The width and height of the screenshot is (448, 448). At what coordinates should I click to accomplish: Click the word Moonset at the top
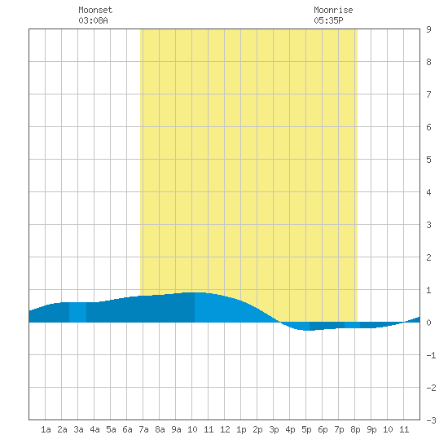tap(95, 10)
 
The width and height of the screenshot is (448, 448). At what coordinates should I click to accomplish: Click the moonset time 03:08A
tap(93, 20)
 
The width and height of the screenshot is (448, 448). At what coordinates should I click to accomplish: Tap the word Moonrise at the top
tap(333, 10)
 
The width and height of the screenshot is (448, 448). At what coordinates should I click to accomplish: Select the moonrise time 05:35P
tap(328, 20)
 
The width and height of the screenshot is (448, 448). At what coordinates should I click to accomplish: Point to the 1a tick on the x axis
tap(46, 429)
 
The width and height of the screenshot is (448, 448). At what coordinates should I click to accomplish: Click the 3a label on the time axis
tap(78, 429)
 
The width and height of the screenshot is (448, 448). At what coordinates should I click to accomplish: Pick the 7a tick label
tap(143, 429)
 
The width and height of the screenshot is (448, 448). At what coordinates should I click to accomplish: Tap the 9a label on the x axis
tap(176, 429)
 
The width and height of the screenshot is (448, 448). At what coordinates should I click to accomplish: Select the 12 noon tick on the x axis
tap(225, 429)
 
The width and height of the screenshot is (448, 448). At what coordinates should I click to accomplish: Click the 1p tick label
tap(241, 429)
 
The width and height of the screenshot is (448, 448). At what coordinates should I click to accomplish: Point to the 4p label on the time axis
tap(290, 429)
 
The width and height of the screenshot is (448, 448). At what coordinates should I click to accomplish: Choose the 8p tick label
tap(355, 429)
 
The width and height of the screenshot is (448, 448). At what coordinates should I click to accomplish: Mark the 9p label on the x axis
tap(371, 429)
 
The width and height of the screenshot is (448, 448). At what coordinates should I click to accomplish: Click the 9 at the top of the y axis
tap(428, 29)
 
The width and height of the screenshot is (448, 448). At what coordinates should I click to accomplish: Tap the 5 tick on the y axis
tap(428, 160)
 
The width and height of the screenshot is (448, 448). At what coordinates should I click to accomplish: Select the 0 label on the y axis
tap(428, 323)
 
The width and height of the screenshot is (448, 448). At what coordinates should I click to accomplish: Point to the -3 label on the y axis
tap(431, 420)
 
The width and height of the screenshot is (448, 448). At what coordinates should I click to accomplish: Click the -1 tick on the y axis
tap(431, 355)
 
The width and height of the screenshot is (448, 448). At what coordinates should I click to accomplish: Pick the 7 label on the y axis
tap(428, 94)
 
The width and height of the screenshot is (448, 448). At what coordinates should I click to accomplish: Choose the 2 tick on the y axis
tap(428, 257)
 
